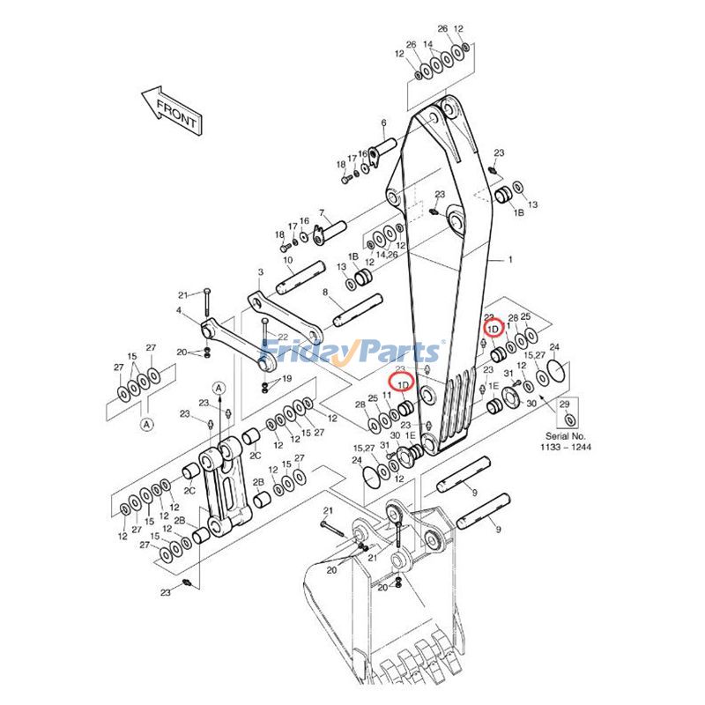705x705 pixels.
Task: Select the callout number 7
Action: (323, 212)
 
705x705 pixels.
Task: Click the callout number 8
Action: (325, 292)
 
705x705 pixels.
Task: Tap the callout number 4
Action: (179, 309)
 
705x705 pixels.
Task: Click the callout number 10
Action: (287, 260)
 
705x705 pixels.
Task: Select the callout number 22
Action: (283, 338)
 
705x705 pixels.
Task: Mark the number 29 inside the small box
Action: (566, 404)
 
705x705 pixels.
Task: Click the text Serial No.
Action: (565, 437)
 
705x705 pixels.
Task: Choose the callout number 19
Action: (286, 379)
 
